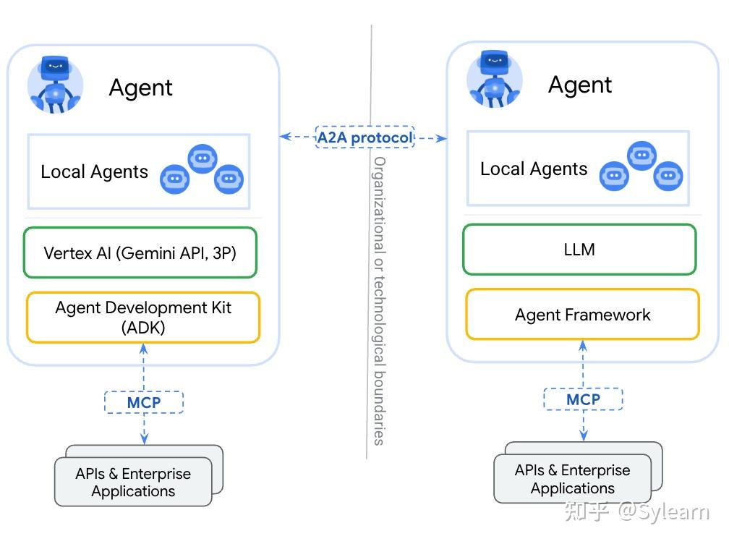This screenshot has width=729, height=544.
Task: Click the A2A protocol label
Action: [x=364, y=137]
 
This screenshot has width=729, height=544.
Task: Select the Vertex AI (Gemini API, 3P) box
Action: [x=140, y=253]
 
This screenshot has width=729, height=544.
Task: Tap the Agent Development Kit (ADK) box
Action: [x=143, y=317]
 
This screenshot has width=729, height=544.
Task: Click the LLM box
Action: [x=579, y=250]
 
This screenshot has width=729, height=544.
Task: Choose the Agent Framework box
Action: [x=582, y=315]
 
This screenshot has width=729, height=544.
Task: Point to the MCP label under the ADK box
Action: [x=144, y=402]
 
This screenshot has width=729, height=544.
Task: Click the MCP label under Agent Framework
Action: [x=583, y=399]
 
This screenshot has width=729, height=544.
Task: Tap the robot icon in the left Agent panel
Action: [x=56, y=85]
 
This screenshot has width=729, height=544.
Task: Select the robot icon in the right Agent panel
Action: [x=495, y=80]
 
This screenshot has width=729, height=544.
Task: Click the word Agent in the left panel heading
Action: [x=141, y=88]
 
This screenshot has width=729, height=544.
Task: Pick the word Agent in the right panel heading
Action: [x=580, y=85]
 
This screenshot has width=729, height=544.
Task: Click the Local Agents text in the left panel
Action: [x=94, y=172]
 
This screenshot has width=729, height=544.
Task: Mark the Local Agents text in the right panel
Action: [x=534, y=169]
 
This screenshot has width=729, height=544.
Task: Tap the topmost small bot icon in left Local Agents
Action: [x=202, y=158]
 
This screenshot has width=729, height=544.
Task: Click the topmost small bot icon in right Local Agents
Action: [x=641, y=156]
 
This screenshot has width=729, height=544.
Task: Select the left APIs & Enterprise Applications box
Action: [x=134, y=483]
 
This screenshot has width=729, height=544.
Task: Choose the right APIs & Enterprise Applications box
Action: [x=573, y=479]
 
